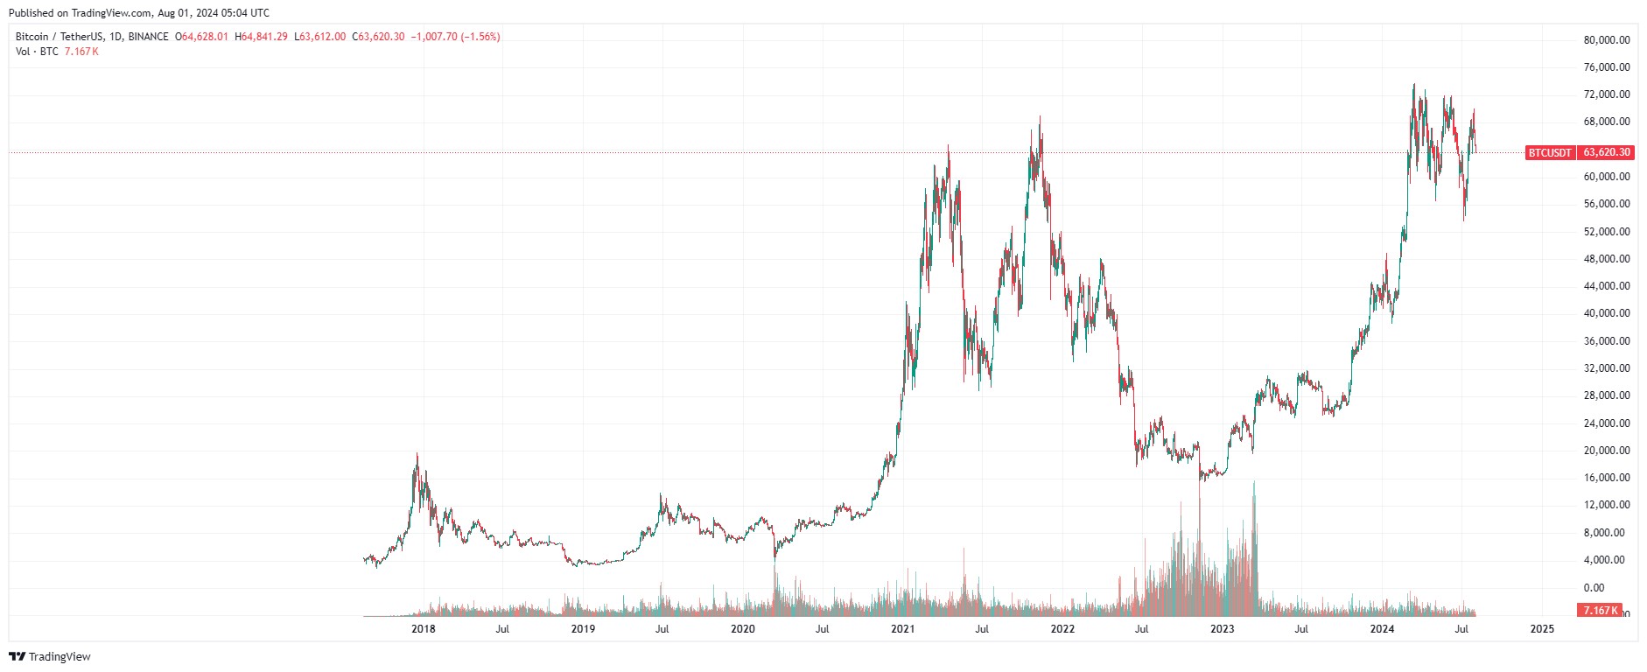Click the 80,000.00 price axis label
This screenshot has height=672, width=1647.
(x=1607, y=40)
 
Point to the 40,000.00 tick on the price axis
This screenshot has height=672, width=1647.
(x=1607, y=313)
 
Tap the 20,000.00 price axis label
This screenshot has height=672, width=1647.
(x=1607, y=451)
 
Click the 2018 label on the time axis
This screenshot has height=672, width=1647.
(x=423, y=629)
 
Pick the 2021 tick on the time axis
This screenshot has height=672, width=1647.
(x=902, y=629)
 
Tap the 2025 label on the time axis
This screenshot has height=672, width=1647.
(x=1541, y=629)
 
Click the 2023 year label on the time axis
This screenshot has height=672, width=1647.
(x=1222, y=629)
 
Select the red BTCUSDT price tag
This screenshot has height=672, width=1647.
(x=1549, y=152)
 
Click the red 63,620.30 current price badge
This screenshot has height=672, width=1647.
(x=1607, y=152)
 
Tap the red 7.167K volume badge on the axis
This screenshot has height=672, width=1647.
(x=1600, y=610)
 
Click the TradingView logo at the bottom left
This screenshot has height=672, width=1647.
(x=50, y=656)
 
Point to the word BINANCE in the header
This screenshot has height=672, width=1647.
(x=148, y=37)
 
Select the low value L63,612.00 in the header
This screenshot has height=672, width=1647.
(x=319, y=37)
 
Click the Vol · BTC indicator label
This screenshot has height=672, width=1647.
(x=37, y=52)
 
